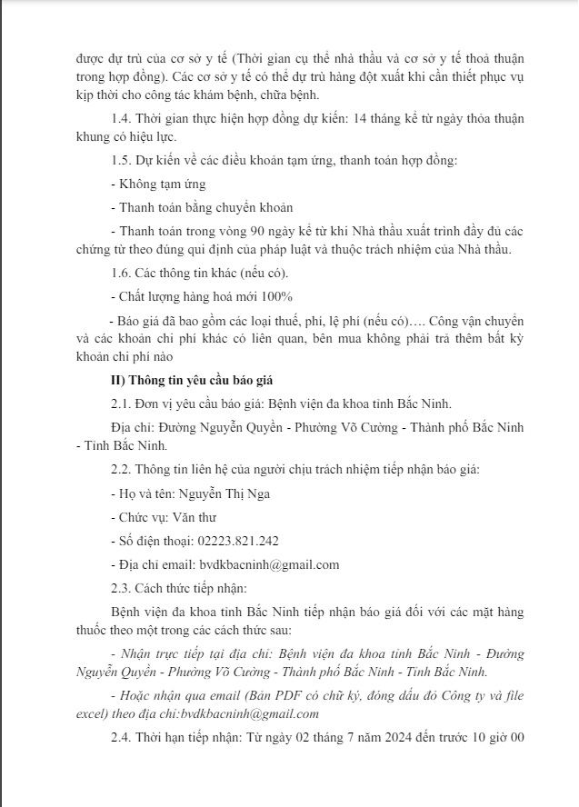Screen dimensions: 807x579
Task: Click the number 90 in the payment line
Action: (255, 231)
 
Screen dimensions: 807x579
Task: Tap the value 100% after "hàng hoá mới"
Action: (276, 297)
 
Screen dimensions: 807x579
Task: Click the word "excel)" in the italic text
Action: (94, 714)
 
